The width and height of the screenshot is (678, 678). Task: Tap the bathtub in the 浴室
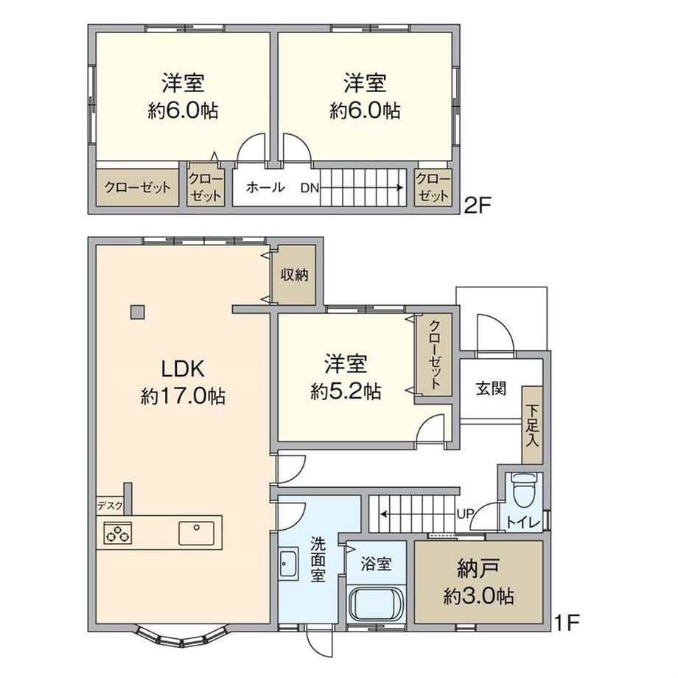376,604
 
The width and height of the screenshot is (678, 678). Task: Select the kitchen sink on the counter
196,533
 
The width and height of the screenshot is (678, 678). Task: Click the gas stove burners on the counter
118,533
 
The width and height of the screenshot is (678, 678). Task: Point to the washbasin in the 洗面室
288,564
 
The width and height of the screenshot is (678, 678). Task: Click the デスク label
110,506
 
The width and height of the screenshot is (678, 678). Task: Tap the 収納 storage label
295,274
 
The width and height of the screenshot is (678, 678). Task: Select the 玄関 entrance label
491,388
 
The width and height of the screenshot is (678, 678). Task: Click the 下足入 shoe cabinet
532,425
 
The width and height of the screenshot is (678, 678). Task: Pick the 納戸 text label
478,568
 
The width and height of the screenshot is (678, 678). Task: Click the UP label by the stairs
466,514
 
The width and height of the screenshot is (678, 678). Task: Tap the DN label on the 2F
310,188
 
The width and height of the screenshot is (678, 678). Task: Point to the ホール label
265,187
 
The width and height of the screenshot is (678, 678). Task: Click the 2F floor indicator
478,205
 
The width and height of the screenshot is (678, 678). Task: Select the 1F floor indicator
566,623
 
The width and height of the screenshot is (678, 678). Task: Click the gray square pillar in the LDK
138,312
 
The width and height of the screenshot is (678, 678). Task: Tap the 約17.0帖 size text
183,396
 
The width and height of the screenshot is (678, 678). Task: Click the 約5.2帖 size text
346,391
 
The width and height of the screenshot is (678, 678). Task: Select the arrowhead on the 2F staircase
401,188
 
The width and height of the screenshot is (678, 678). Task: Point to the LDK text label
183,368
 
